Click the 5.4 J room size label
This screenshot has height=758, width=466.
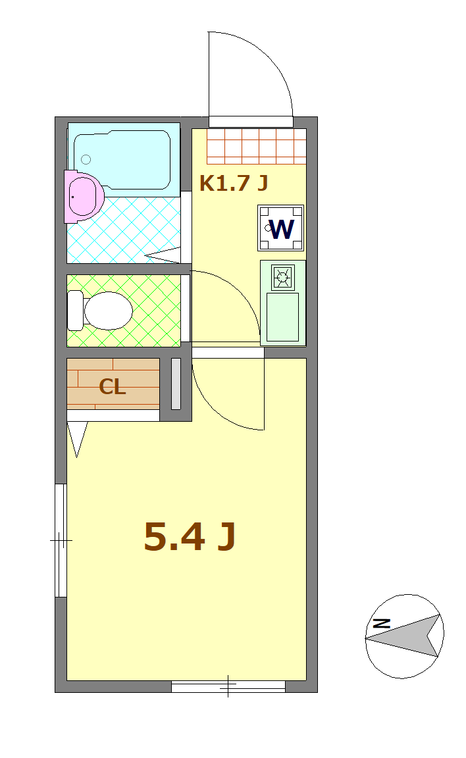coord(190,537)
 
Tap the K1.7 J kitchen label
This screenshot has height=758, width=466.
coord(234,183)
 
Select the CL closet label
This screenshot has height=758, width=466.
coord(112,387)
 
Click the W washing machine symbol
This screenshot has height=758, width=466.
coord(281,228)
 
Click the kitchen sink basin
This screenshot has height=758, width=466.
coord(283,316)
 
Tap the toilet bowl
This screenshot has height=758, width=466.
coord(109,311)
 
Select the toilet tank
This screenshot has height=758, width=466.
coord(75,311)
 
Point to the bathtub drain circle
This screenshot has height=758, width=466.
coord(86,159)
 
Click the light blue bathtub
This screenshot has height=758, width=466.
coord(122,159)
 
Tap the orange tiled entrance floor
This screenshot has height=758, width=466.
coord(257,146)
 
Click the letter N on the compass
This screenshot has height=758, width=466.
coord(382,623)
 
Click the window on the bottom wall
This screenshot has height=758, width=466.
coord(228,686)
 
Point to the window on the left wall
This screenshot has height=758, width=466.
coord(61,540)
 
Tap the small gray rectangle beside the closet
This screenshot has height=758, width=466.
coord(176,384)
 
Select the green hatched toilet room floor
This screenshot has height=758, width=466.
coord(124,311)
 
